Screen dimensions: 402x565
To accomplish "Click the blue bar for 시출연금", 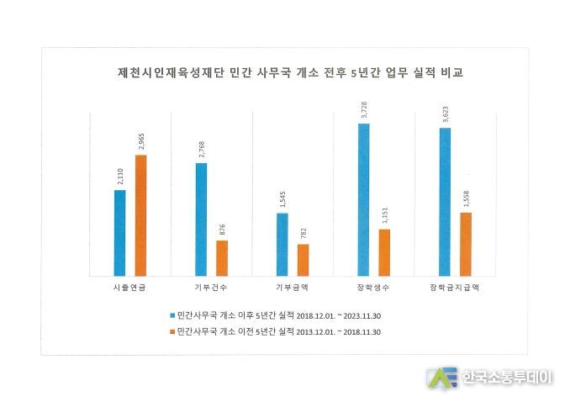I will coord(119,232).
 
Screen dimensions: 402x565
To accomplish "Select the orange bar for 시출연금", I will coord(140,214).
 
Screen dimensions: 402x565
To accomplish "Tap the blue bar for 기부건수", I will coord(201,219).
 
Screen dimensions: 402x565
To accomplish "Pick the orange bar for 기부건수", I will coord(222,257).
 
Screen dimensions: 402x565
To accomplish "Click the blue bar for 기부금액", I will coord(282,244).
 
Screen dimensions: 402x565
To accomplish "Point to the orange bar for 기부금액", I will coord(303,259).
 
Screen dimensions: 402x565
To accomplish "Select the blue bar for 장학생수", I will coord(363,199).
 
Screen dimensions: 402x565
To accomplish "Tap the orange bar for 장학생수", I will coord(384,251).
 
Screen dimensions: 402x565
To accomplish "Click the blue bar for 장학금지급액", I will coord(445,201).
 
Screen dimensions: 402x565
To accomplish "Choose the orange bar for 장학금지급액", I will coord(466,243).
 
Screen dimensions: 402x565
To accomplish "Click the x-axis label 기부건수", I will coord(211,288).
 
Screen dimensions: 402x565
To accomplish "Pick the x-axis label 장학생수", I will coord(374,288).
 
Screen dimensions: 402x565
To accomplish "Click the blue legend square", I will coord(170,315).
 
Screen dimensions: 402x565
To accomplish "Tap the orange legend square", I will coord(170,332).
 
